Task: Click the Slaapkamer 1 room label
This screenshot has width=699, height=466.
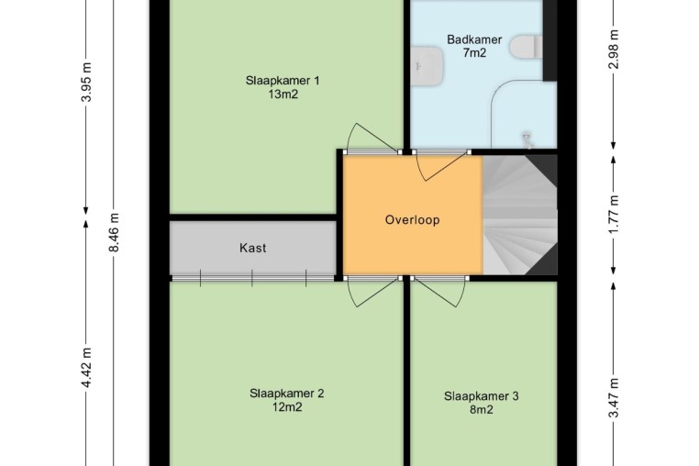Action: [x=283, y=81]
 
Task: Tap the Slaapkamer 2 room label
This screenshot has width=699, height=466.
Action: [x=286, y=394]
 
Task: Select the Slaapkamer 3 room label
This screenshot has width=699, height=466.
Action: [x=481, y=396]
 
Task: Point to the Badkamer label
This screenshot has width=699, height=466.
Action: [x=474, y=39]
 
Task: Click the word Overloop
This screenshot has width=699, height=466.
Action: [x=413, y=220]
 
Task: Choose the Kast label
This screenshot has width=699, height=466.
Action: [x=253, y=248]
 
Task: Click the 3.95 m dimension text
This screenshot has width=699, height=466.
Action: [x=86, y=82]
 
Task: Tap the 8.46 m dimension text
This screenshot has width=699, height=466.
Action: [x=114, y=232]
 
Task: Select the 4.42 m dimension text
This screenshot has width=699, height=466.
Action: [x=86, y=368]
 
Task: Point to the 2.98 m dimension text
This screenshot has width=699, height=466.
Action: [x=614, y=49]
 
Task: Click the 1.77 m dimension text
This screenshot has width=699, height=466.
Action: [x=614, y=214]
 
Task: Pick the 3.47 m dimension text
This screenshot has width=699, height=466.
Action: [x=614, y=398]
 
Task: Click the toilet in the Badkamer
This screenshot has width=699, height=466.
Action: [x=527, y=48]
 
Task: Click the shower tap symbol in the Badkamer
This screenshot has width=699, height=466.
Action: [x=527, y=139]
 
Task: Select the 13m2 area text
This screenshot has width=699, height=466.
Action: [x=283, y=94]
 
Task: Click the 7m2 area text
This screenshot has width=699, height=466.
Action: [x=474, y=53]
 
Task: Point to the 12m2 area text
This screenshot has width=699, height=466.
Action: [x=287, y=407]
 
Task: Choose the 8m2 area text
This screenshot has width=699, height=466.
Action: [x=482, y=409]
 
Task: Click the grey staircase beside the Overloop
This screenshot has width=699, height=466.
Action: [x=520, y=215]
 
